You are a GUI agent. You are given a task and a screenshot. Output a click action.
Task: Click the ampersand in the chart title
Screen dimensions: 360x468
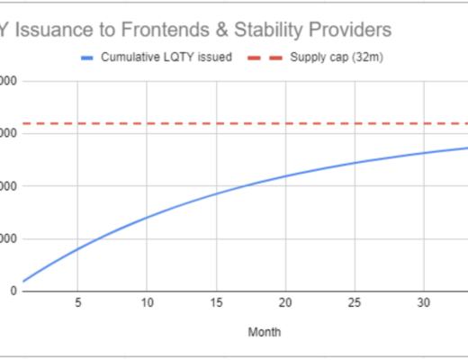click(225, 30)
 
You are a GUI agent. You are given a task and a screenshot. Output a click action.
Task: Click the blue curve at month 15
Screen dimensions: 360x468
click(216, 193)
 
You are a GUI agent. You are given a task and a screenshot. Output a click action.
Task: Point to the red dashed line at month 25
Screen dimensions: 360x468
click(355, 123)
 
